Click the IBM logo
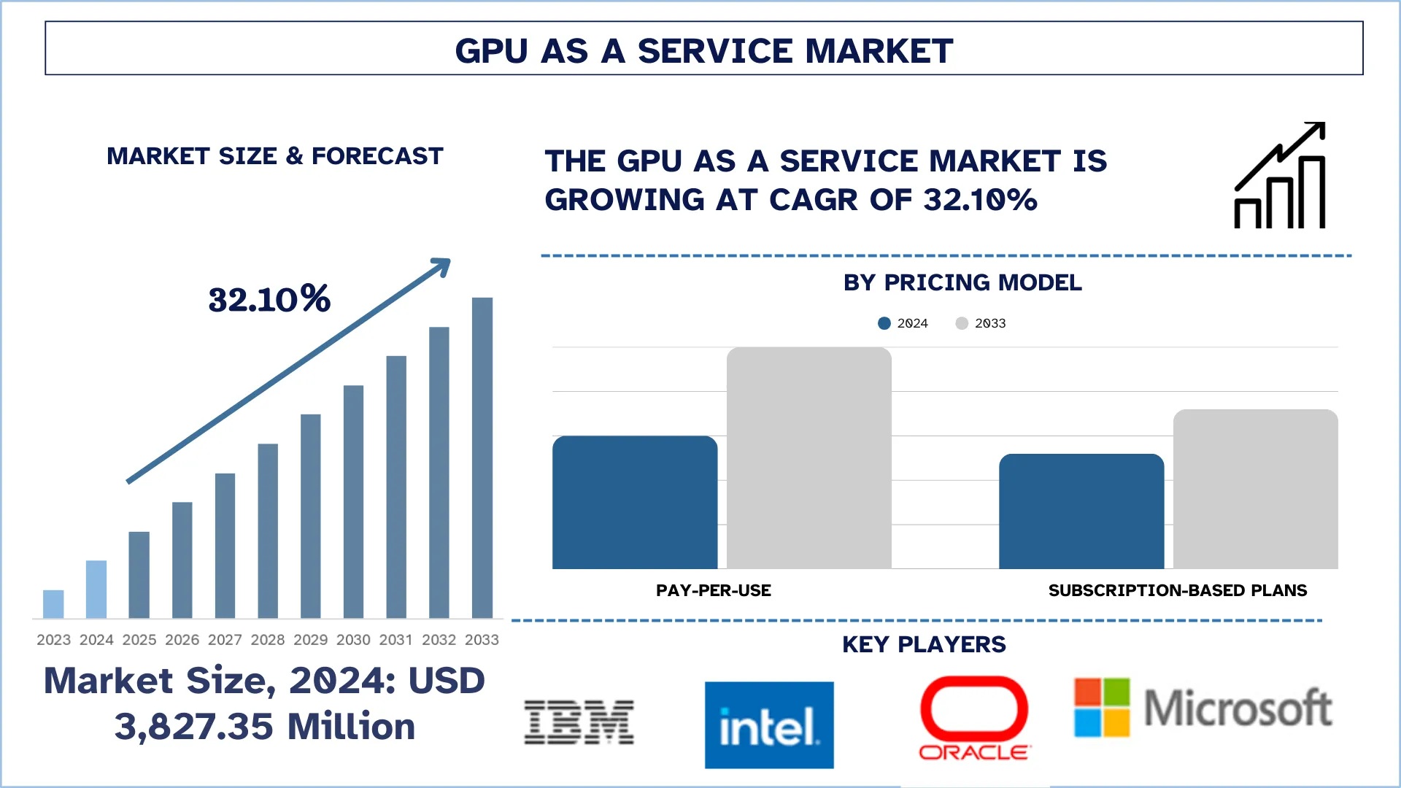pos(579,722)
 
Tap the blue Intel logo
pos(769,725)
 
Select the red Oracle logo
pos(974,719)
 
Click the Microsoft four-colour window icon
pos(1102,707)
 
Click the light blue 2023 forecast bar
pos(53,604)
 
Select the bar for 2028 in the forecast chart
pos(268,531)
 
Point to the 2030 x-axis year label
pos(353,640)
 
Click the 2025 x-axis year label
pos(139,640)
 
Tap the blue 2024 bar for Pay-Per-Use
pos(635,503)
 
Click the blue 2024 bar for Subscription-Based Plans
pos(1081,511)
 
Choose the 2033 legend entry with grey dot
pos(981,323)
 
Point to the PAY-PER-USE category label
pos(713,590)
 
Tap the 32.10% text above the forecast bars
pos(269,299)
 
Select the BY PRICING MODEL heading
pos(962,283)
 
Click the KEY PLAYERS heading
pos(924,644)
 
